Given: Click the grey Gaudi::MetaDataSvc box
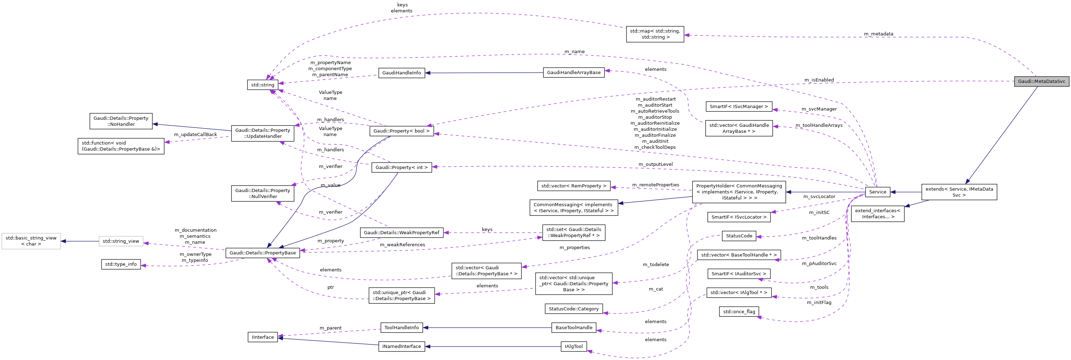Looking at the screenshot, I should coord(1041,81).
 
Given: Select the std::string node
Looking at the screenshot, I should coord(262,85).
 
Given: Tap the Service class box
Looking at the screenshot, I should coord(877,192).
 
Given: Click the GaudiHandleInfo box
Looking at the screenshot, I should coord(401,73).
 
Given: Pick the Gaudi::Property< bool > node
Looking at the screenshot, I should coord(401,131).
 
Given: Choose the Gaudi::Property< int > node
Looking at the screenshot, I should coord(401,167).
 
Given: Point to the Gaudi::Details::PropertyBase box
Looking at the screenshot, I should coord(262,253).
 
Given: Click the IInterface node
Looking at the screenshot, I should coord(263,337).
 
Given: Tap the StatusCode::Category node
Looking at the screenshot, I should coord(573,309).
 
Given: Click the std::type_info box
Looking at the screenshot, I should coord(120,264).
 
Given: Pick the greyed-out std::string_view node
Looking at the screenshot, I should coord(120,241).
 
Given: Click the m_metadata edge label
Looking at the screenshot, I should coord(878,34).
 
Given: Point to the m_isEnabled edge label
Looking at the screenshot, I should coord(819,80).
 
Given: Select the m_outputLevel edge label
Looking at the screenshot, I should coord(655,164).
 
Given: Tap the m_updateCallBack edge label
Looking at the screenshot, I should coord(195,135).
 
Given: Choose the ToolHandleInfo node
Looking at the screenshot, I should coord(401,327).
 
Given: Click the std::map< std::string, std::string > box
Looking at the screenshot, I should coord(655,34).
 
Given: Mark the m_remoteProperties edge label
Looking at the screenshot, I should coord(655,185).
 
